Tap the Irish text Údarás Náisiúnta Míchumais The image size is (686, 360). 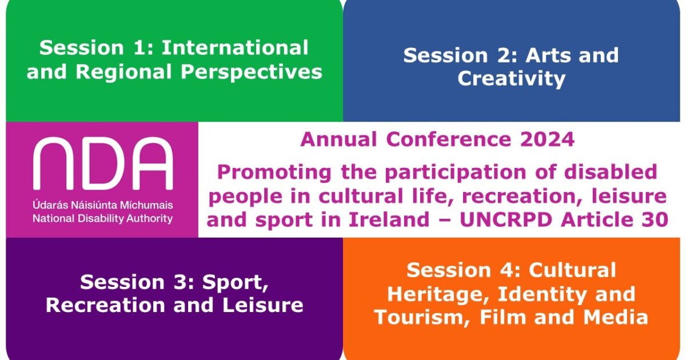(x=103, y=205)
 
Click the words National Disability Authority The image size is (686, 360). (x=103, y=218)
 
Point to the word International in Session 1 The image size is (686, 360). (x=235, y=48)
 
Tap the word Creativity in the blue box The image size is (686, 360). (x=511, y=79)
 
